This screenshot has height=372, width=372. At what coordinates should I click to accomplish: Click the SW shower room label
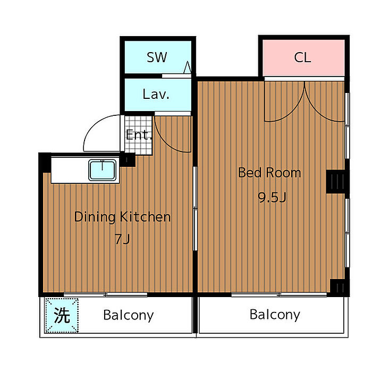[x=157, y=57]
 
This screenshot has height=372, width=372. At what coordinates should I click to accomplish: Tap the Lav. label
[x=156, y=94]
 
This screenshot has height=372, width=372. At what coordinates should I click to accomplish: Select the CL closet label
[x=302, y=57]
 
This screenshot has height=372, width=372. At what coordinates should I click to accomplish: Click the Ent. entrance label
[x=139, y=135]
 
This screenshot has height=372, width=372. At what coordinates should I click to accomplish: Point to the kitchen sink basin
[x=102, y=170]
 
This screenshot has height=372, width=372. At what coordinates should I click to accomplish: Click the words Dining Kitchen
[x=122, y=217]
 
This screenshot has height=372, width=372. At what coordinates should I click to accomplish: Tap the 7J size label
[x=122, y=239]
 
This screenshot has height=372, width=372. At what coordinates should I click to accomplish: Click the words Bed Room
[x=269, y=173]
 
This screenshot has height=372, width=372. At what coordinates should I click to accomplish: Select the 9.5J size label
[x=272, y=197]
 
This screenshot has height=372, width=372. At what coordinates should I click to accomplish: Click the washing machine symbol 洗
[x=62, y=315]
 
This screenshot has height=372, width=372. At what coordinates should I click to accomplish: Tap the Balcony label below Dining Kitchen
[x=129, y=315]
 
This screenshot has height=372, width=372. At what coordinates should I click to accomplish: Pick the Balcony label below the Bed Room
[x=275, y=315]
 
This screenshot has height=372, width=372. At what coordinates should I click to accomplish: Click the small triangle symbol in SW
[x=188, y=67]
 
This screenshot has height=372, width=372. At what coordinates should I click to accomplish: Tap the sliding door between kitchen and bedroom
[x=195, y=208]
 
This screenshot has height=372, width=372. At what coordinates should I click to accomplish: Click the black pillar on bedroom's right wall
[x=337, y=181]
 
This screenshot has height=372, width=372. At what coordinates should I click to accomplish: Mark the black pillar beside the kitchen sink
[x=128, y=159]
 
